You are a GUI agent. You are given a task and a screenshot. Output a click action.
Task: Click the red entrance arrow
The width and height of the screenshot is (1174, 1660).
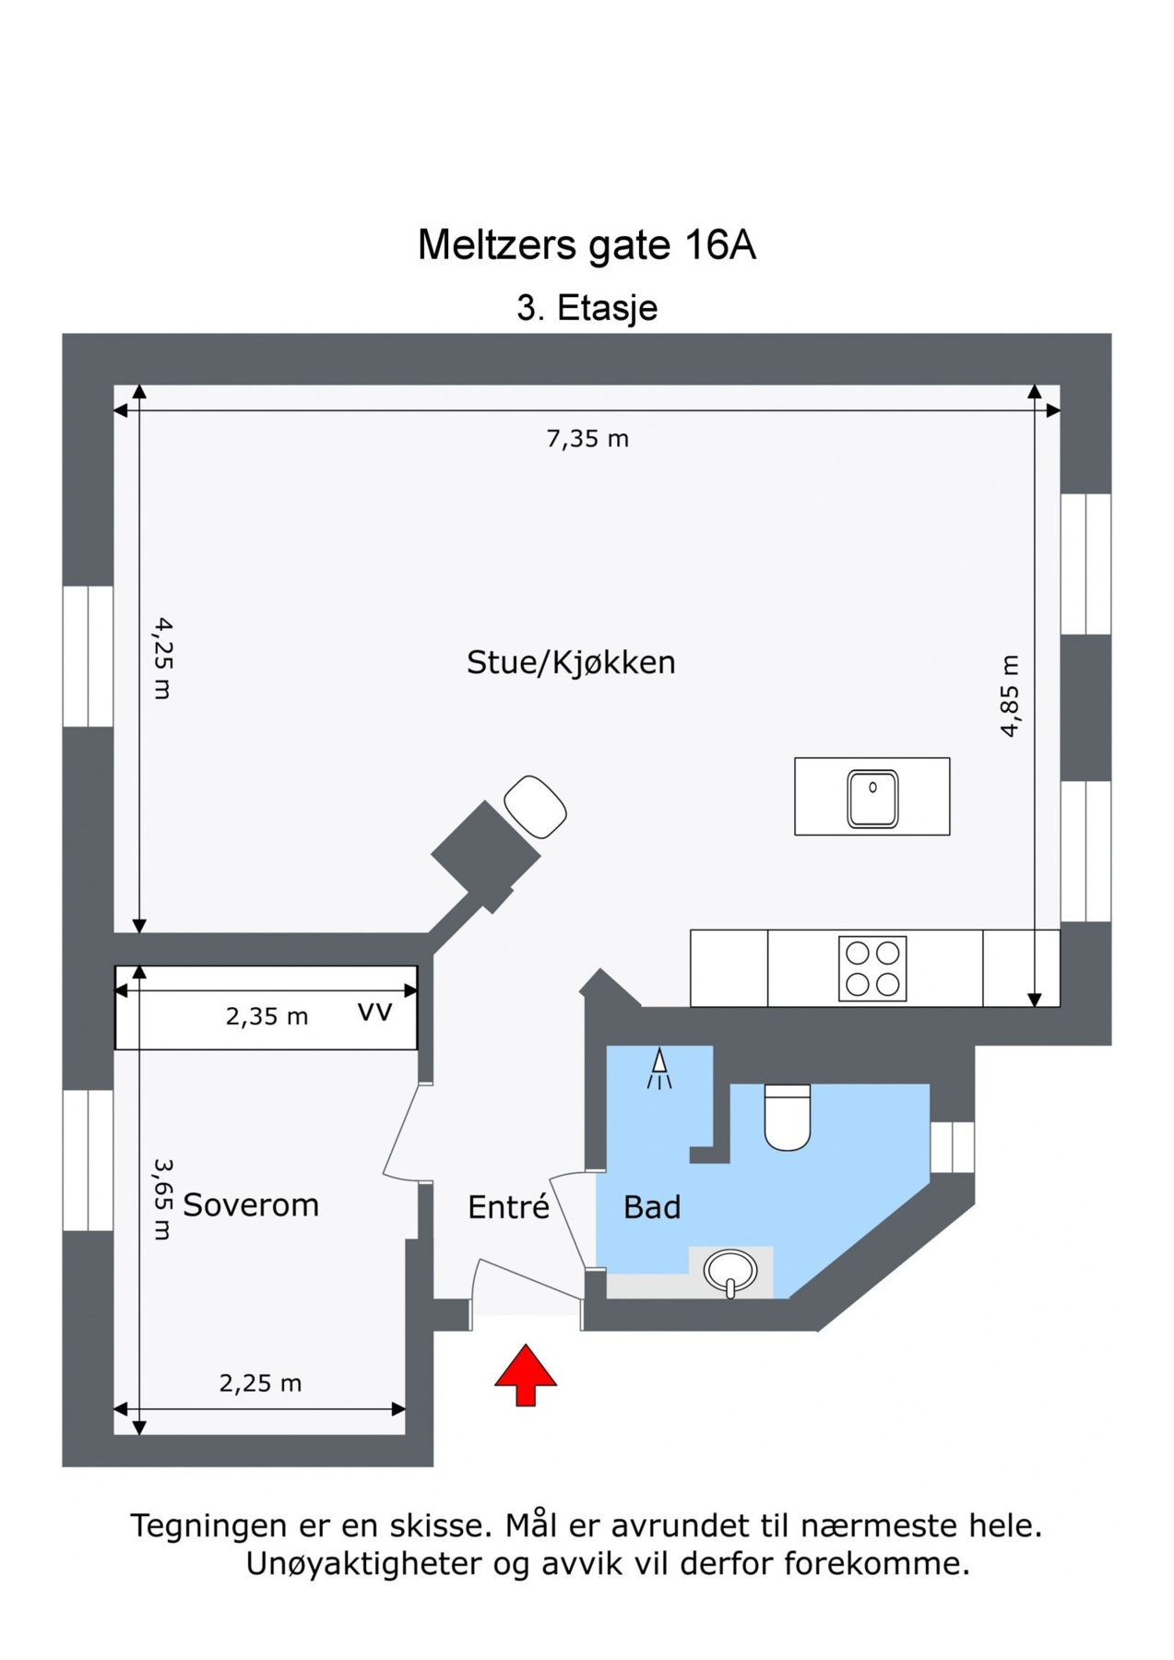[x=525, y=1373]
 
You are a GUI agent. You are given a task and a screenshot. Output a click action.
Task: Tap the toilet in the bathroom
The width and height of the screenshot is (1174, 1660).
[x=787, y=1117]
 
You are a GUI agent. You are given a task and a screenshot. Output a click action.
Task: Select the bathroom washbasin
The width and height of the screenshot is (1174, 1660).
[x=729, y=1271]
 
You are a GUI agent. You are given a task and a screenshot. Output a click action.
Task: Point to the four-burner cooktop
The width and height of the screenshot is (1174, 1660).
[x=872, y=968]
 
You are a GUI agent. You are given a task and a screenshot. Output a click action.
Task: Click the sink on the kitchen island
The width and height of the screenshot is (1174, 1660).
[x=872, y=798]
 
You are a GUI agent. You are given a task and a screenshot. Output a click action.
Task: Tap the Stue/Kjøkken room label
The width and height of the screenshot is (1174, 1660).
[x=571, y=662]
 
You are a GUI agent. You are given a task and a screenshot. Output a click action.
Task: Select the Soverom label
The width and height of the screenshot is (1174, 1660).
[x=251, y=1204]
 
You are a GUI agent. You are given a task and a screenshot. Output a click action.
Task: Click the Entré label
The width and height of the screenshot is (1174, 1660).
[x=508, y=1207]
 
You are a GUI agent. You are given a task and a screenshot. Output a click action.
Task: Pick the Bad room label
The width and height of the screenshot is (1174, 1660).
[x=652, y=1207]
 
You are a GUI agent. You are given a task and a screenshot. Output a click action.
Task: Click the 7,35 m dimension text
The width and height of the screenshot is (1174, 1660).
[x=587, y=439]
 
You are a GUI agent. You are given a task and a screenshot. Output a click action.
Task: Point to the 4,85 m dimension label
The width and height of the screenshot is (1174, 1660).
[x=1011, y=695]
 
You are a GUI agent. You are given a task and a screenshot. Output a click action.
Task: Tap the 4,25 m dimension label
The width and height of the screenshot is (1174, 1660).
[x=163, y=658]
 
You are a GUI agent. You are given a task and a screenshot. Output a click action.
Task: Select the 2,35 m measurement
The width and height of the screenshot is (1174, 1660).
[x=267, y=1016]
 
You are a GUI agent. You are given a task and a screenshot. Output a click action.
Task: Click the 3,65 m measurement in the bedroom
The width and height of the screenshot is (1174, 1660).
[x=163, y=1199]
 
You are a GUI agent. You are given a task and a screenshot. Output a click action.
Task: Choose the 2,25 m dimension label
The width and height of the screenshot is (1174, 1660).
[x=260, y=1382]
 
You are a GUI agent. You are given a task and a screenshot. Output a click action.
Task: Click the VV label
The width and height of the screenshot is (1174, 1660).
[x=374, y=1012]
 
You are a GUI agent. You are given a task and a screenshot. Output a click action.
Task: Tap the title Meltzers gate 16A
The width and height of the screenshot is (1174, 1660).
[x=587, y=245]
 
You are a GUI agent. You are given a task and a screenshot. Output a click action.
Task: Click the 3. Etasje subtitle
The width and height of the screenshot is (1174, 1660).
[x=587, y=308]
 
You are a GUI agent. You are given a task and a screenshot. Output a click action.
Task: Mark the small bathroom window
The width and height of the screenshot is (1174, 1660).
[x=952, y=1146]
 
